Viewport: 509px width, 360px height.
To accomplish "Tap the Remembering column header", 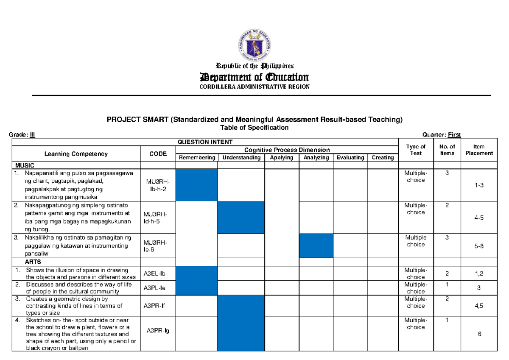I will [x=197, y=158].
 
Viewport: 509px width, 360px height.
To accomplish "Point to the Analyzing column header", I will [x=316, y=158].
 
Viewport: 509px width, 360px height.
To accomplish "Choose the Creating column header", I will [x=383, y=158].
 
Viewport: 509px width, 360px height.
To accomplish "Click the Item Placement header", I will [x=479, y=150].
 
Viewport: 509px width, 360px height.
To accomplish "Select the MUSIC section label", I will [x=25, y=165].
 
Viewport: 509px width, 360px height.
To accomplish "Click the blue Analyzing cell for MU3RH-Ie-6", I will [x=316, y=246].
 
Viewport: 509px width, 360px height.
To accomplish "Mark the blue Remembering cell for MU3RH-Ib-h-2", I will [x=197, y=185].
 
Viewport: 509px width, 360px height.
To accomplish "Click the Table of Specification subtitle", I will [x=254, y=127].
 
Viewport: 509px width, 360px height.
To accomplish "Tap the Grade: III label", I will [x=22, y=135].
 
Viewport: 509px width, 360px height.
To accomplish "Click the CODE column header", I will [x=158, y=154].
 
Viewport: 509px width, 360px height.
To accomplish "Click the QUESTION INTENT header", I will [x=205, y=142].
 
